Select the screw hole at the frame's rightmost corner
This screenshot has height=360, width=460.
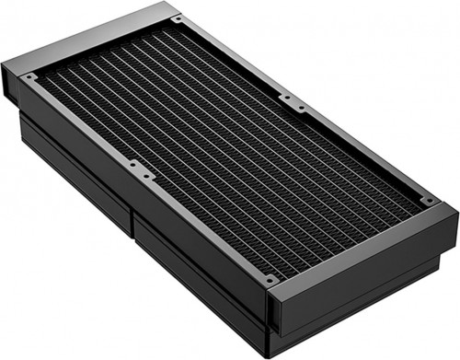pyautogui.click(x=428, y=200)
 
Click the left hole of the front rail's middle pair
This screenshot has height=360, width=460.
pyautogui.click(x=132, y=165)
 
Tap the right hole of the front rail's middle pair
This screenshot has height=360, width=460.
pyautogui.click(x=145, y=172)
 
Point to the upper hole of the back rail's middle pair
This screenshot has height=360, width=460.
pyautogui.click(x=285, y=96)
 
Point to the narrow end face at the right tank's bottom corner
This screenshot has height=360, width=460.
pyautogui.click(x=273, y=313)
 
